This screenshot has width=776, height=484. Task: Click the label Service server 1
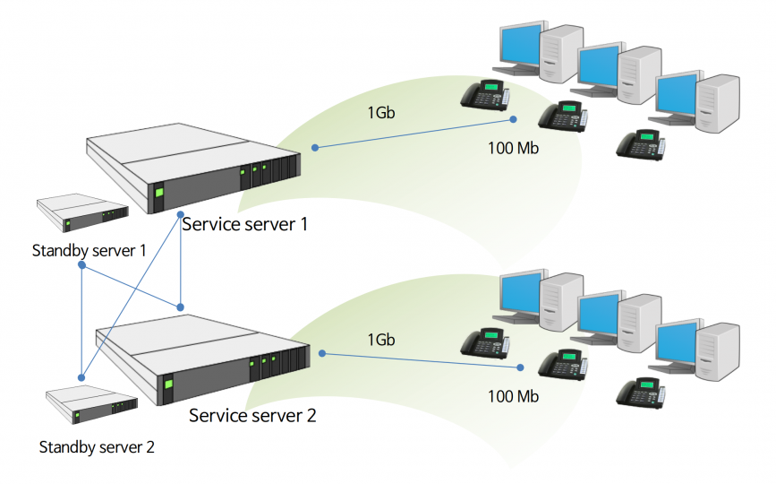(245, 224)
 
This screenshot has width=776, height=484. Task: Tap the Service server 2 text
(252, 415)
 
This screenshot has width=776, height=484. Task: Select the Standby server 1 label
(90, 251)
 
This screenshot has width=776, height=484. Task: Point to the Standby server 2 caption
(97, 447)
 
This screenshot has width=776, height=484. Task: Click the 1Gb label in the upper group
(381, 113)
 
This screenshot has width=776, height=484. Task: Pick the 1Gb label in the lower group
(381, 340)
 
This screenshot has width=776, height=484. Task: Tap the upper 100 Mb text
(513, 148)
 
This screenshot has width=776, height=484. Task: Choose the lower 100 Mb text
(513, 396)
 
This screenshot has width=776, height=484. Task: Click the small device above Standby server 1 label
(82, 212)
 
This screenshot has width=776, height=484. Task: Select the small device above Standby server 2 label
(91, 404)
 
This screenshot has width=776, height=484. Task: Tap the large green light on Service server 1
(159, 192)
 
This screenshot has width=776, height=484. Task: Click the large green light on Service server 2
(169, 384)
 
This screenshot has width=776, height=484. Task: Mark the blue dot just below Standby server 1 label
(82, 265)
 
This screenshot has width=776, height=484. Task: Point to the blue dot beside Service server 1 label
(181, 215)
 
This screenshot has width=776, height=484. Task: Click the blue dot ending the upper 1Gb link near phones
(513, 119)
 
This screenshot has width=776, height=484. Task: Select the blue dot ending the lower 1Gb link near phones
(520, 367)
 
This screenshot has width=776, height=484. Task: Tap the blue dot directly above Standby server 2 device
(81, 378)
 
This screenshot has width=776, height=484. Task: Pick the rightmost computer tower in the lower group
(718, 351)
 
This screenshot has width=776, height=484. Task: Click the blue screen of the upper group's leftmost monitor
(520, 45)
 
